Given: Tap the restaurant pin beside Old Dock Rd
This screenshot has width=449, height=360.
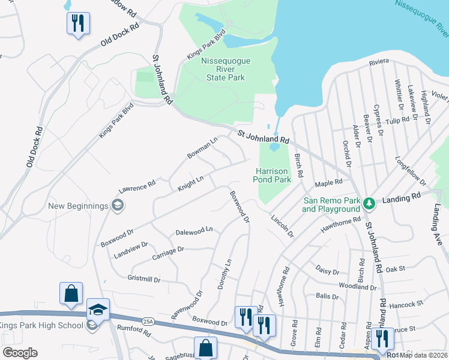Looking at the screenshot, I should pos(78,23).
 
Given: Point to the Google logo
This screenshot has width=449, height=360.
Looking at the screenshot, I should pos(20,353).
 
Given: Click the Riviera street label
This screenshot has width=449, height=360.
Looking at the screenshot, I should pos(379,62).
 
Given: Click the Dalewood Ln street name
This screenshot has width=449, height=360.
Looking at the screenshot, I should pos(194,230).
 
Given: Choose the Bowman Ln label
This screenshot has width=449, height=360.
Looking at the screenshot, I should pos(202,148).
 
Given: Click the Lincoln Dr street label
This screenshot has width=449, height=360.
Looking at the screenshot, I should pos(282,226).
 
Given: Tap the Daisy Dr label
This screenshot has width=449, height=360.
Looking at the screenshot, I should pos(327,271).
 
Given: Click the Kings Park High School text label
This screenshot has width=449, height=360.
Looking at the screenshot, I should pos(41,326).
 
